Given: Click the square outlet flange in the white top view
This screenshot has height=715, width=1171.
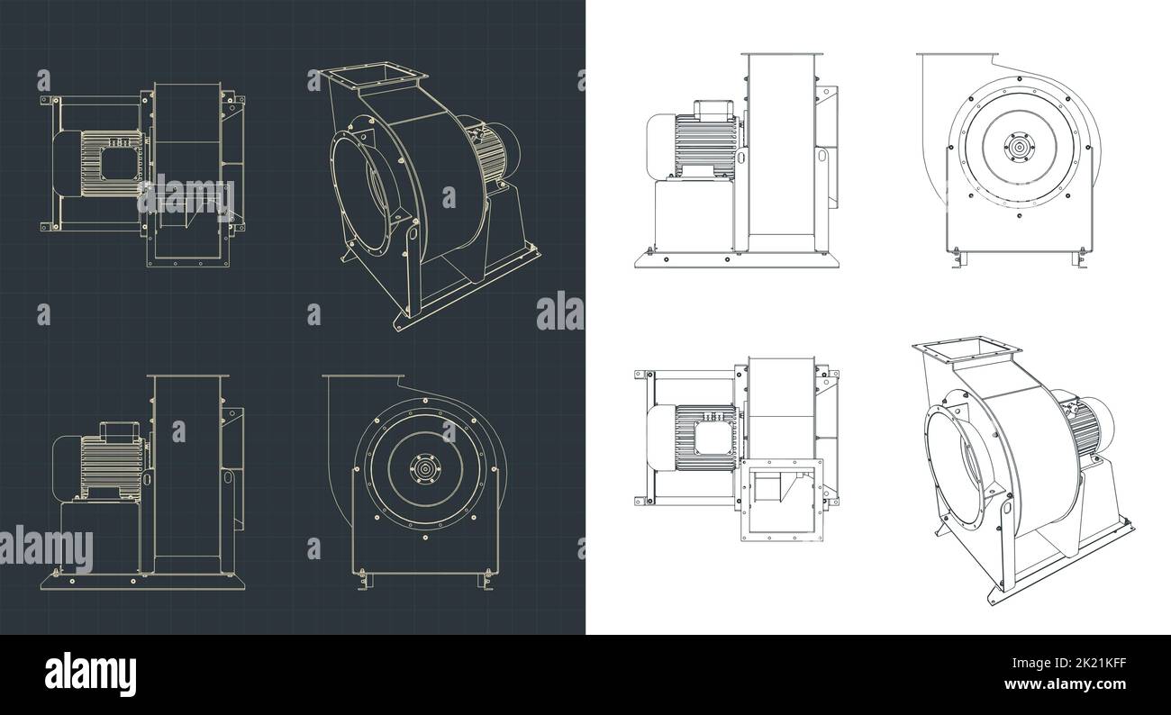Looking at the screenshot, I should (x=782, y=499).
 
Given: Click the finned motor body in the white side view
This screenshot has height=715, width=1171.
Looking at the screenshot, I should (x=705, y=143).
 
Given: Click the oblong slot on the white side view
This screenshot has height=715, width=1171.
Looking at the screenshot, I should (x=822, y=157).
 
